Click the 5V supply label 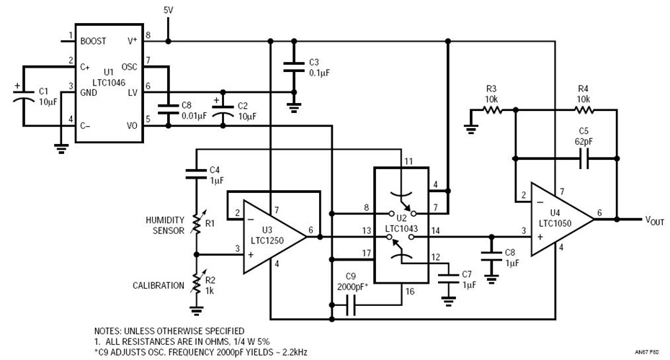coord(168,10)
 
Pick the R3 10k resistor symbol coord(492,110)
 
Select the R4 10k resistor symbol coord(584,110)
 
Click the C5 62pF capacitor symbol coord(584,156)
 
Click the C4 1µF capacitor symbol coord(195,173)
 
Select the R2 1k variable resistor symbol coord(196,285)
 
